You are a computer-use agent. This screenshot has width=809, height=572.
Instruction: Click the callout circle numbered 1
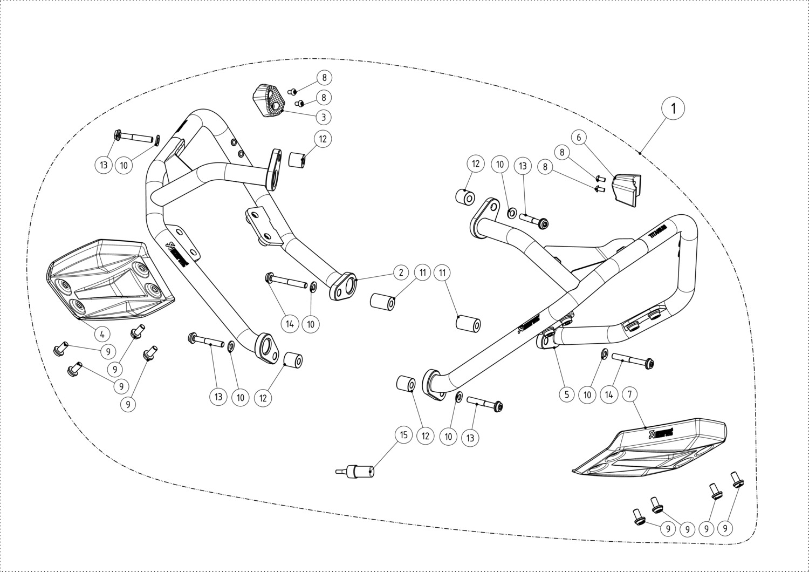pos(673,108)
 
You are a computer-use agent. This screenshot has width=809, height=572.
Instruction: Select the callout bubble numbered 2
pos(401,273)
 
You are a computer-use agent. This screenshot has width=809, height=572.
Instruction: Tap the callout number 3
pos(323,117)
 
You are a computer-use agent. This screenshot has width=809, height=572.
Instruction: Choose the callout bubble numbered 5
pos(566,394)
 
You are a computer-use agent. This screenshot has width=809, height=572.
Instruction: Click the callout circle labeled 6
pos(579,138)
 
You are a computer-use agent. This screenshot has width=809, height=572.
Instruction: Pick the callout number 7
pos(629,394)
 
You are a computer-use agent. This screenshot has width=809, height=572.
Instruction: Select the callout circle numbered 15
pos(403,434)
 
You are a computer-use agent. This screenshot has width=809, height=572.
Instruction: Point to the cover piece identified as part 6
pos(626,189)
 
